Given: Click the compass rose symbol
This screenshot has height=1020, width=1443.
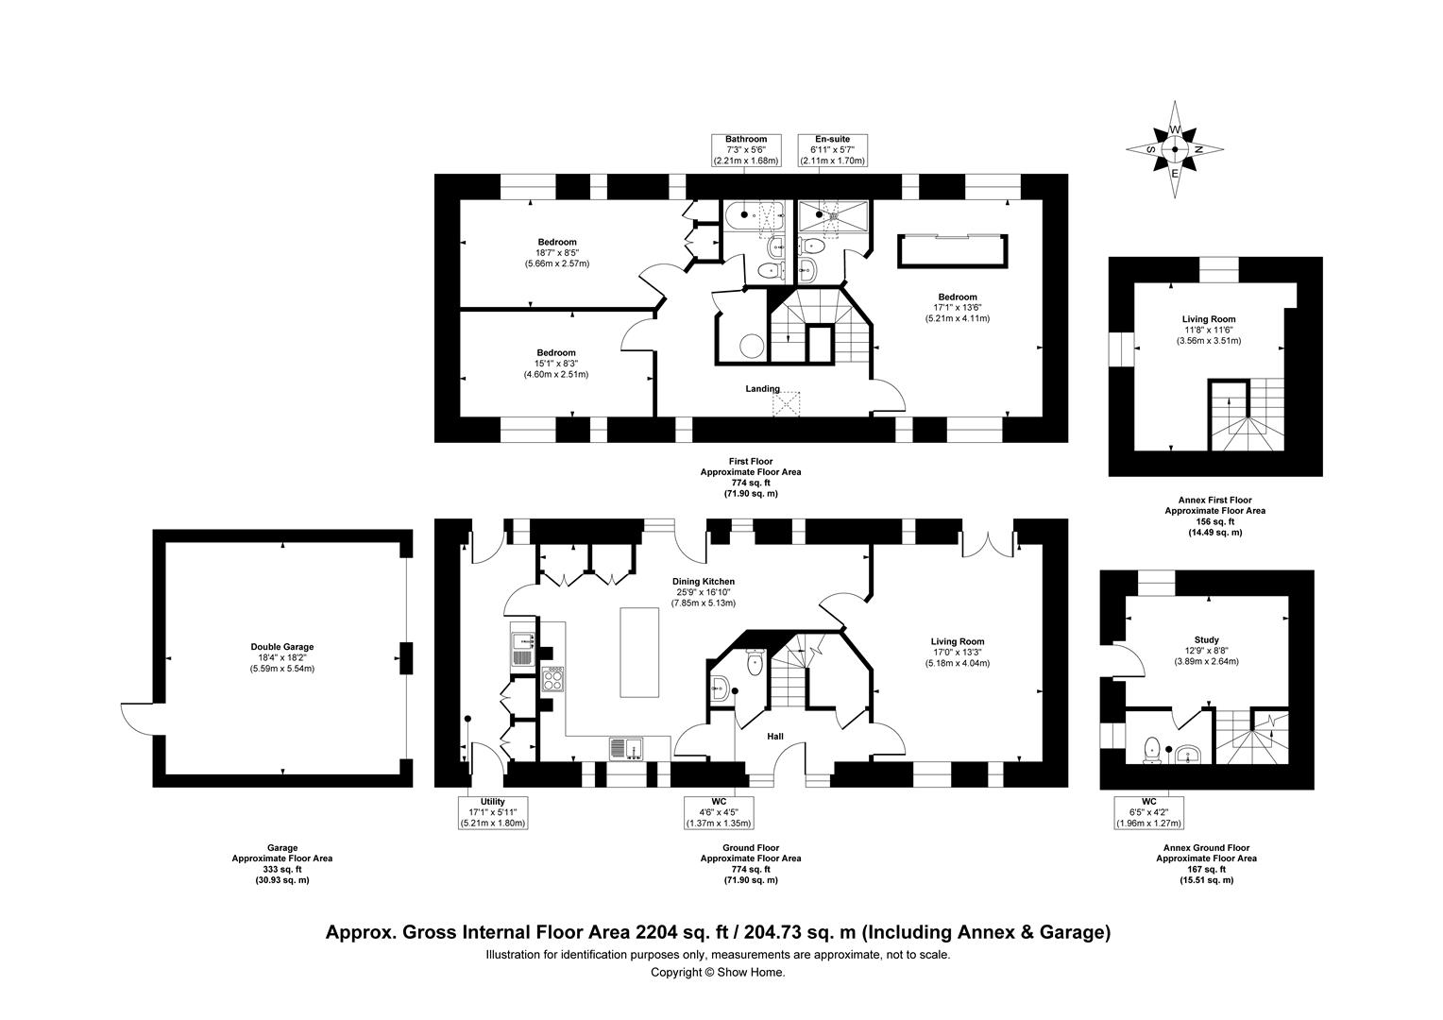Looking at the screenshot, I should pyautogui.click(x=1175, y=150).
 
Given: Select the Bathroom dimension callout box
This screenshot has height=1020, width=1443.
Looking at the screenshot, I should pyautogui.click(x=746, y=150).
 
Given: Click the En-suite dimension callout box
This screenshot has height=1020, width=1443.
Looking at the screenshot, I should pyautogui.click(x=832, y=150).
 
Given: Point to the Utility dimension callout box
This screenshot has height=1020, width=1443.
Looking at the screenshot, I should pyautogui.click(x=493, y=812).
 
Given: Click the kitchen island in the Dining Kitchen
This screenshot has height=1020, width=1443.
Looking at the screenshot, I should pyautogui.click(x=639, y=652).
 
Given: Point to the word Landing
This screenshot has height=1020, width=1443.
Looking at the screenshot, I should pyautogui.click(x=762, y=388).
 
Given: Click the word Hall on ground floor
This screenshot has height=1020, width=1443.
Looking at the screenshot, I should pyautogui.click(x=774, y=737).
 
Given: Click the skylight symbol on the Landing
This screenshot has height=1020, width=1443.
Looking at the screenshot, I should pyautogui.click(x=786, y=405).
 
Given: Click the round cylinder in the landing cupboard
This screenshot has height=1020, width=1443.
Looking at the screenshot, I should pyautogui.click(x=752, y=347).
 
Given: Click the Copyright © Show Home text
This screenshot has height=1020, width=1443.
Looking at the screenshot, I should pyautogui.click(x=718, y=972).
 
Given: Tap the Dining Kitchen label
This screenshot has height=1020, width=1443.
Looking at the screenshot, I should pyautogui.click(x=703, y=582).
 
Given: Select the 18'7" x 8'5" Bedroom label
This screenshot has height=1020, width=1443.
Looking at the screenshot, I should pyautogui.click(x=556, y=252).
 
